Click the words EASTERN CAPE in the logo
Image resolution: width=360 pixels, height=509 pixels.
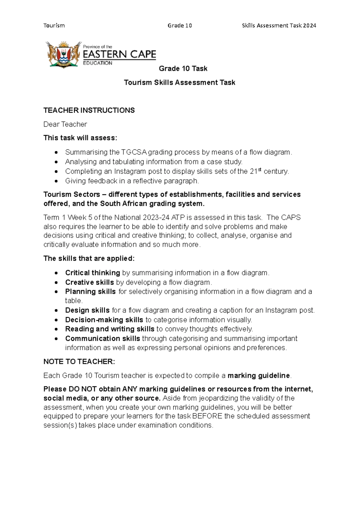[119, 54]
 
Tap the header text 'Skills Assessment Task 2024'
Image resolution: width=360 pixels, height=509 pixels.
[279, 26]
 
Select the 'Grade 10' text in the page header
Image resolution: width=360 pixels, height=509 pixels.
[180, 26]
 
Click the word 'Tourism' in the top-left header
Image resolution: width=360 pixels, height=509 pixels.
[54, 26]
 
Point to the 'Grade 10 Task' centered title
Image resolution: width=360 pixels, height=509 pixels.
[183, 69]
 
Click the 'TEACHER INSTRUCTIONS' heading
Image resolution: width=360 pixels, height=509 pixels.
[89, 110]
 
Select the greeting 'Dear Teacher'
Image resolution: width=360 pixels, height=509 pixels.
[65, 124]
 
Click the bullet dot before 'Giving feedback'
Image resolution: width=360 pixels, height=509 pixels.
[56, 181]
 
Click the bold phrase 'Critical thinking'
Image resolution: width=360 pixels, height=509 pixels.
[92, 273]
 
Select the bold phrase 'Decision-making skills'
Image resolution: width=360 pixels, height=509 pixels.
[104, 320]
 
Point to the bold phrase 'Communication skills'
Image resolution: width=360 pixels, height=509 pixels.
[103, 339]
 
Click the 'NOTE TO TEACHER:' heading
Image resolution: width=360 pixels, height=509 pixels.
[79, 362]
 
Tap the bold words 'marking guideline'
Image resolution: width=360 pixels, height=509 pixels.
[259, 375]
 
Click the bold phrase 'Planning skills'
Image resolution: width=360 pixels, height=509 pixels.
[90, 291]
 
